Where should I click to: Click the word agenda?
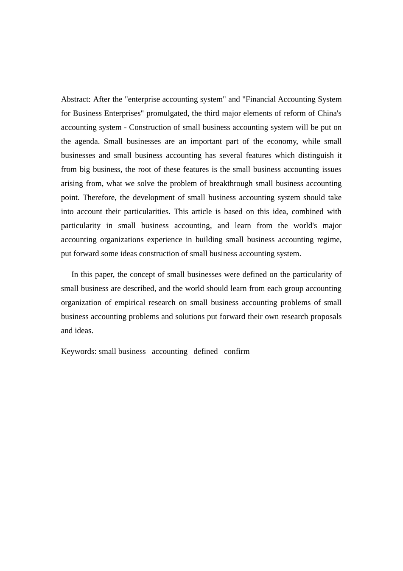[x=87, y=141]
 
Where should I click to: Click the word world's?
[x=305, y=226]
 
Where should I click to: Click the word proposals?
[x=326, y=317]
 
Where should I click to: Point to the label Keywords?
[x=78, y=351]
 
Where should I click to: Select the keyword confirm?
[x=237, y=351]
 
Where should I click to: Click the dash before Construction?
[x=125, y=127]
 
